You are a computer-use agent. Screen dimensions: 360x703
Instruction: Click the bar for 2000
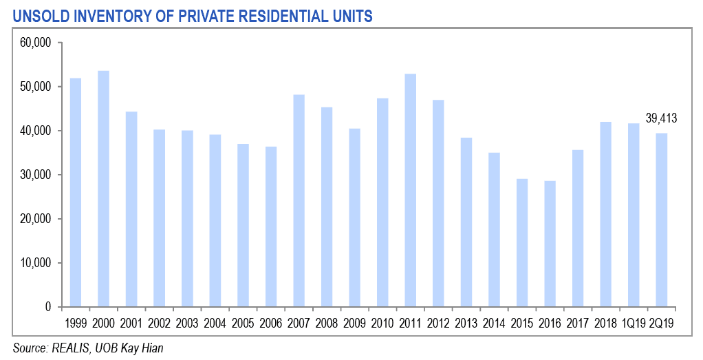point(103,189)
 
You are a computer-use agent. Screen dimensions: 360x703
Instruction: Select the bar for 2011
point(410,190)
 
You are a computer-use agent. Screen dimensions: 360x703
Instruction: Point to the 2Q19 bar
point(661,220)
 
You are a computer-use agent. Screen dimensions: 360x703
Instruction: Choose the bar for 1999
point(76,192)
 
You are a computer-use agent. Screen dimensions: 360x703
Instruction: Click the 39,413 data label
point(661,118)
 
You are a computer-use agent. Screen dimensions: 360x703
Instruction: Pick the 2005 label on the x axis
point(243,323)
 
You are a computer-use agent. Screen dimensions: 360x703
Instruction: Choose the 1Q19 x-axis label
point(633,323)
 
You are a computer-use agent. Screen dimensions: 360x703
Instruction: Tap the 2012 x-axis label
point(438,323)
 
